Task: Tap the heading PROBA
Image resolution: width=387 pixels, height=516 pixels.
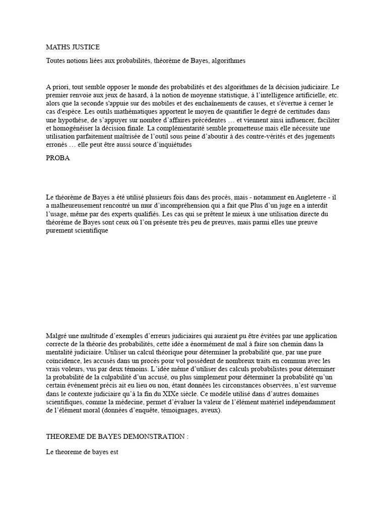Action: [58, 158]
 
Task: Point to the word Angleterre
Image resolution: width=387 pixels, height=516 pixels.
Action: [306, 197]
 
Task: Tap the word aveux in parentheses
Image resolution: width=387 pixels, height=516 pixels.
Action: [209, 411]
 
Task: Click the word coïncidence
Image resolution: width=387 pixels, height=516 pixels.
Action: [65, 361]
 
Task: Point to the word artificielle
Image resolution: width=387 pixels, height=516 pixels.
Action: [307, 95]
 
